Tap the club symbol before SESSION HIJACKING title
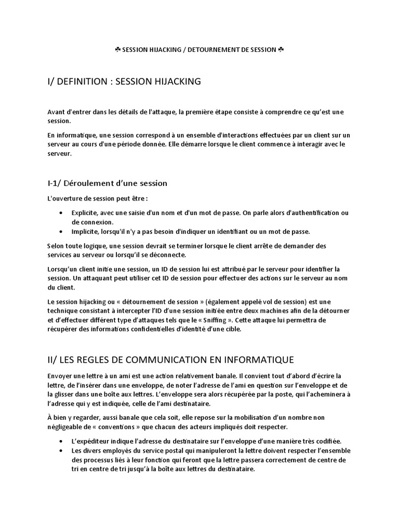click(117, 50)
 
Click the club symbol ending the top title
click(281, 50)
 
